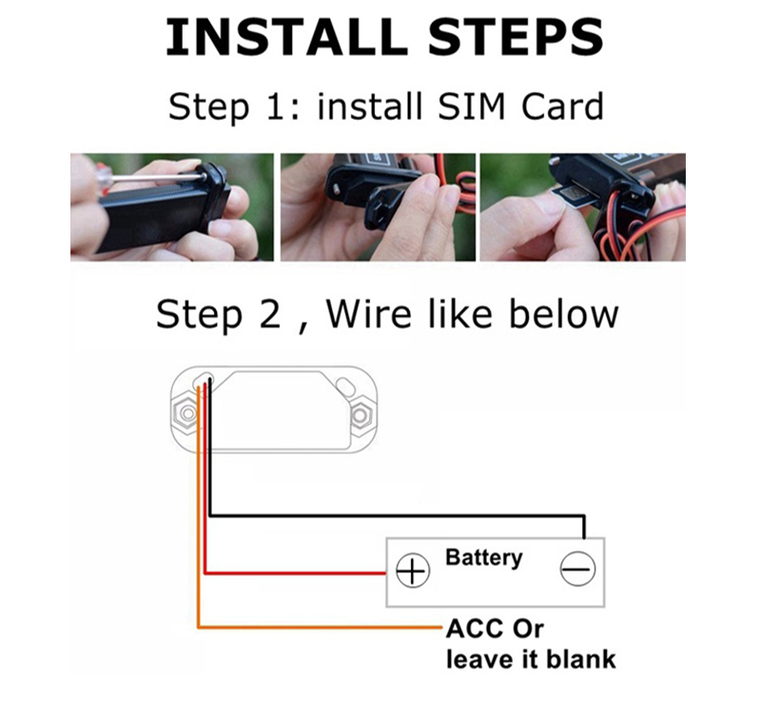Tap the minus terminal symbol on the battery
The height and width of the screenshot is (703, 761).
pyautogui.click(x=576, y=570)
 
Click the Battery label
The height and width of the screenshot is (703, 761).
pyautogui.click(x=483, y=557)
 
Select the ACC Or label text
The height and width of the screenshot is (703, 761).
pyautogui.click(x=495, y=629)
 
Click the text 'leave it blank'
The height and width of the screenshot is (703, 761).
pyautogui.click(x=530, y=658)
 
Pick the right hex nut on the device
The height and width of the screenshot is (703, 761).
pyautogui.click(x=361, y=415)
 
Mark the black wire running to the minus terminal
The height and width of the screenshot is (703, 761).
pyautogui.click(x=400, y=516)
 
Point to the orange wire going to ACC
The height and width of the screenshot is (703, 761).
pyautogui.click(x=314, y=627)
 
